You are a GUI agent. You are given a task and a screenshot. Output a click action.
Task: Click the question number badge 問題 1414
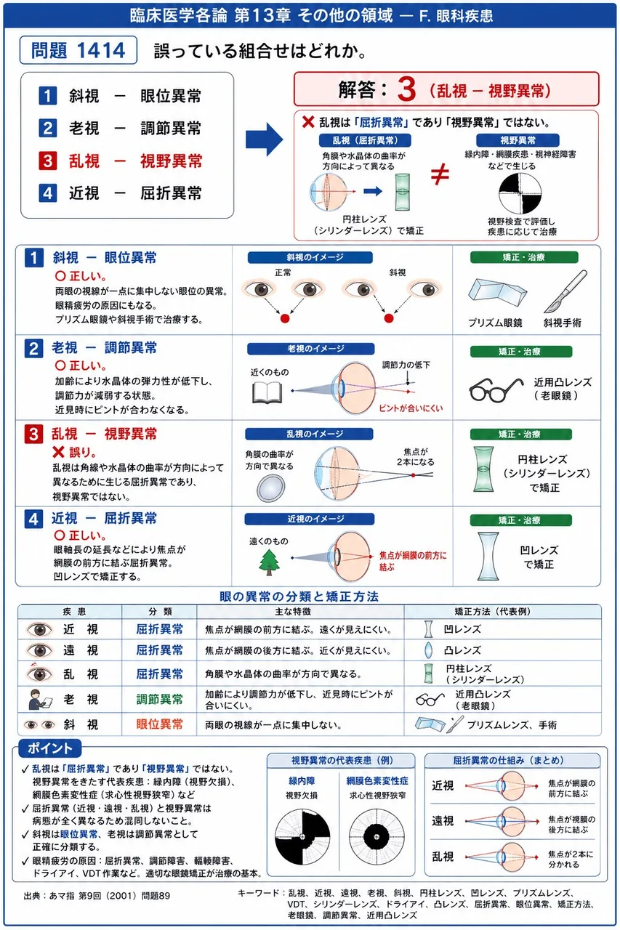78,50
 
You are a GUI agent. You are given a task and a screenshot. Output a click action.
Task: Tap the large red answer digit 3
406,89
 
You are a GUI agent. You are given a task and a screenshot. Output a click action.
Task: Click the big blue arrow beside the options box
264,139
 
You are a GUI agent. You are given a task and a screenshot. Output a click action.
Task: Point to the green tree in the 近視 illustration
269,562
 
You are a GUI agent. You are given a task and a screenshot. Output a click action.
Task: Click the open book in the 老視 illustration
267,392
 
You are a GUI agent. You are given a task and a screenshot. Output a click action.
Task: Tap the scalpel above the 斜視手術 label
565,291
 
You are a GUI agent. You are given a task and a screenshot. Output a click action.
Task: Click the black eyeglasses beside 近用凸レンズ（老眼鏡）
496,389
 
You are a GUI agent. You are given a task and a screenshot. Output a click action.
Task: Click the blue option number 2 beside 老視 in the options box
47,128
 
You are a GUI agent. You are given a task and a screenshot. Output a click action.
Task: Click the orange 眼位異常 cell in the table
159,724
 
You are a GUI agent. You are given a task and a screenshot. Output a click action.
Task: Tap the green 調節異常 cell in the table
159,700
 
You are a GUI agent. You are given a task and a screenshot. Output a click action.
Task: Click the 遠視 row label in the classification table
81,650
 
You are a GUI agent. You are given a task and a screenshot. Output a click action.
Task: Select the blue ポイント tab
49,748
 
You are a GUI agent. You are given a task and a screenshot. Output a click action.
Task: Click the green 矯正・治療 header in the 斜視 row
523,257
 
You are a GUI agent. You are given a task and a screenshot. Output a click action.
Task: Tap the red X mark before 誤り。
59,452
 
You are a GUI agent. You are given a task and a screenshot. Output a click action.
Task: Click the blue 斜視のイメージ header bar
310,257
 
